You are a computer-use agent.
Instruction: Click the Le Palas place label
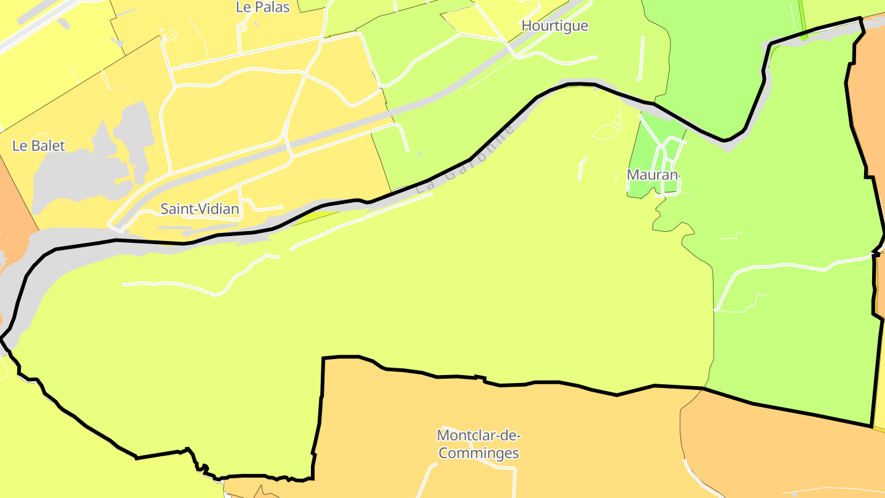(262, 7)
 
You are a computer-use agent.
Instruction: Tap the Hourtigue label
(554, 26)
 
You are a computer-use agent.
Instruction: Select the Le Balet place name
(39, 146)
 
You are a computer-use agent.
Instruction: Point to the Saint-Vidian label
(200, 209)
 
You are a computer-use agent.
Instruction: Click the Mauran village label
(652, 175)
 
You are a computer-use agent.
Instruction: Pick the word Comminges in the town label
(478, 454)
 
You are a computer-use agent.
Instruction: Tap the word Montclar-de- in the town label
(479, 436)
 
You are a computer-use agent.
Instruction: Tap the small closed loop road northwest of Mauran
(608, 131)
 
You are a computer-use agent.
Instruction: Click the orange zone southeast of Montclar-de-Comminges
(768, 449)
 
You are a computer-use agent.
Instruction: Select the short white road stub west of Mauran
(581, 170)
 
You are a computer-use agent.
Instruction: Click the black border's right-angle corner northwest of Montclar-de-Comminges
(323, 358)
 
